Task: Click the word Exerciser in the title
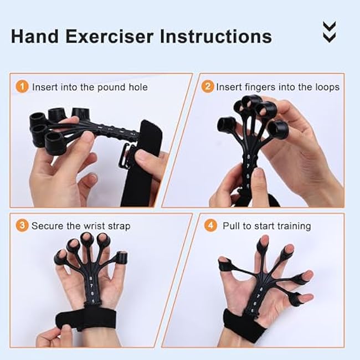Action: pyautogui.click(x=109, y=37)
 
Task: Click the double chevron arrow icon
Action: pyautogui.click(x=329, y=32)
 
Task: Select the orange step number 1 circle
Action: pyautogui.click(x=22, y=87)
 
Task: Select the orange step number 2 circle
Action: pyautogui.click(x=207, y=87)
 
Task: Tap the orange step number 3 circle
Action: pyautogui.click(x=22, y=225)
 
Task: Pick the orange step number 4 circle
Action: pyautogui.click(x=211, y=225)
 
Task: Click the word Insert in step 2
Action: pyautogui.click(x=229, y=87)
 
